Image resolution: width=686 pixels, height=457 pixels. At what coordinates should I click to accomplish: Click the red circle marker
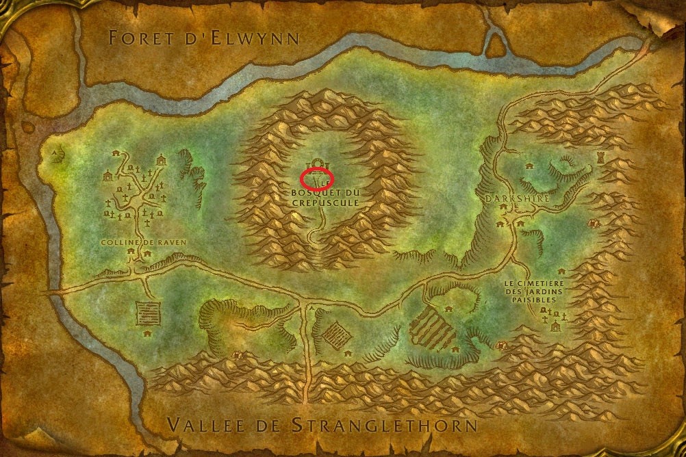pos(316,178)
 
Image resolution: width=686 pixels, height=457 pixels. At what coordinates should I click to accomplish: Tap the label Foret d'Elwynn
pos(204,38)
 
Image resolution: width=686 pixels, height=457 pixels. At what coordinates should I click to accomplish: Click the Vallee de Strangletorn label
pos(322,425)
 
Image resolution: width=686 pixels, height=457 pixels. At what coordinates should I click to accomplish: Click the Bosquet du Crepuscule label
pos(320,198)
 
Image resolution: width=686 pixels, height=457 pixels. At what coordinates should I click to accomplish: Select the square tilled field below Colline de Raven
pos(148,313)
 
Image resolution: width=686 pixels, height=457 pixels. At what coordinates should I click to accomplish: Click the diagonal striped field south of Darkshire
pos(432,329)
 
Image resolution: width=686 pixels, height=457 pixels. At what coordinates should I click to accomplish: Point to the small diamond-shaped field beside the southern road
pos(336,335)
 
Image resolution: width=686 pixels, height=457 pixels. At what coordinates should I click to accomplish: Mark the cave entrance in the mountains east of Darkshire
pos(593,224)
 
